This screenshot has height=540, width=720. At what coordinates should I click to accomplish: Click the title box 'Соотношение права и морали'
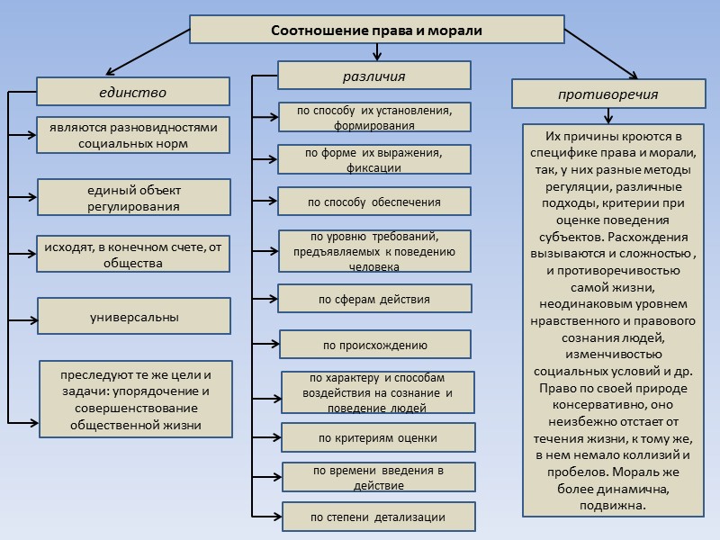[x=377, y=30]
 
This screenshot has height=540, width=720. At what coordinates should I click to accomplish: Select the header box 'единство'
[x=133, y=92]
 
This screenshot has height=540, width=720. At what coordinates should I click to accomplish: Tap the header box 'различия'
[x=373, y=76]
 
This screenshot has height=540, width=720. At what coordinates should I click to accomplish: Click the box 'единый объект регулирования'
[x=134, y=198]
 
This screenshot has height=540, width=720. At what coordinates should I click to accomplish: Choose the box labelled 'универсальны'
[x=134, y=317]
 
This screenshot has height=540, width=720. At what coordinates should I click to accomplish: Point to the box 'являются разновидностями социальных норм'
[x=134, y=135]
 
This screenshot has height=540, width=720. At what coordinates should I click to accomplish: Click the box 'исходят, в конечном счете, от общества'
[x=134, y=255]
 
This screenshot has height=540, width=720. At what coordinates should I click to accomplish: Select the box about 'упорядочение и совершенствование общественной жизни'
[x=135, y=399]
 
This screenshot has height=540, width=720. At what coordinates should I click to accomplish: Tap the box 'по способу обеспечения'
[x=374, y=202]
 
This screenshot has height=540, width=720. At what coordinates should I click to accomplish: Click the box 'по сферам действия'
[x=374, y=299]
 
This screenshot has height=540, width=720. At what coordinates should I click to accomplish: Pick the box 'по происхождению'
[x=374, y=345]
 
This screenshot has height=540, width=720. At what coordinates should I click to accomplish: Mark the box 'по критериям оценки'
[x=378, y=438]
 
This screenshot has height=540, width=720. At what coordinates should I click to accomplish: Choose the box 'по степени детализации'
[x=378, y=517]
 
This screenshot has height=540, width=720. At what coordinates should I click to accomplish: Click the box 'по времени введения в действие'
[x=378, y=478]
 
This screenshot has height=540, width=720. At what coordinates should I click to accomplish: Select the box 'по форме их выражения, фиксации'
[x=373, y=159]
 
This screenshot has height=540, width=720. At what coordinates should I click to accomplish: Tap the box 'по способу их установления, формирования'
[x=373, y=117]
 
